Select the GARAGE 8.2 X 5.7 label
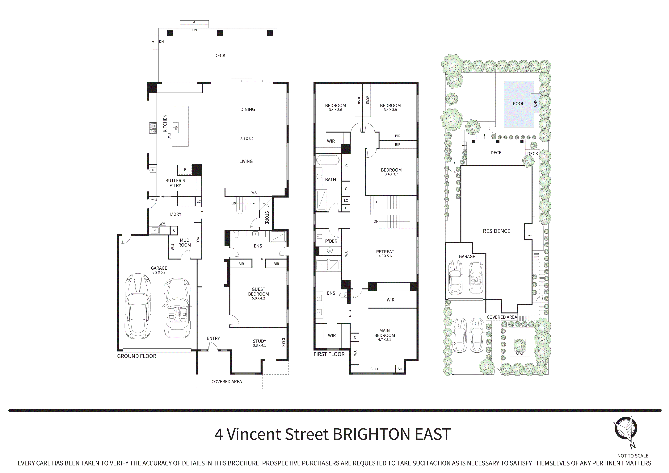click(x=159, y=270)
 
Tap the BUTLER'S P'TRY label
click(x=175, y=183)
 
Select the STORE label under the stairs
click(x=267, y=218)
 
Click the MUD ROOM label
click(x=185, y=243)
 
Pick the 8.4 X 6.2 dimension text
click(x=247, y=139)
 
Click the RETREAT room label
click(x=385, y=253)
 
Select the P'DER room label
click(x=331, y=241)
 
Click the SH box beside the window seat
click(x=400, y=369)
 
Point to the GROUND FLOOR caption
click(x=137, y=356)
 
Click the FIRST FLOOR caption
click(x=329, y=354)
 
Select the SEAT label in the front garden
click(x=520, y=354)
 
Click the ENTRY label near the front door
click(x=213, y=338)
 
